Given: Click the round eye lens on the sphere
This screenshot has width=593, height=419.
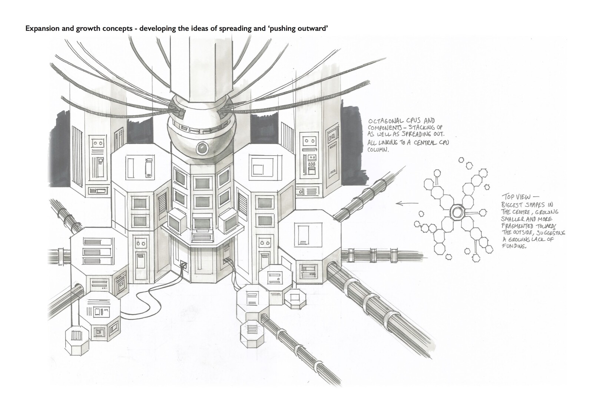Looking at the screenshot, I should click(x=202, y=149).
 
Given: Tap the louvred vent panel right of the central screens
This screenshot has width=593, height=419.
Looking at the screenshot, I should click(x=243, y=203).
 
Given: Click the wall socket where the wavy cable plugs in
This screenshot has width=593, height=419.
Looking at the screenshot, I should click(x=182, y=265).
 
